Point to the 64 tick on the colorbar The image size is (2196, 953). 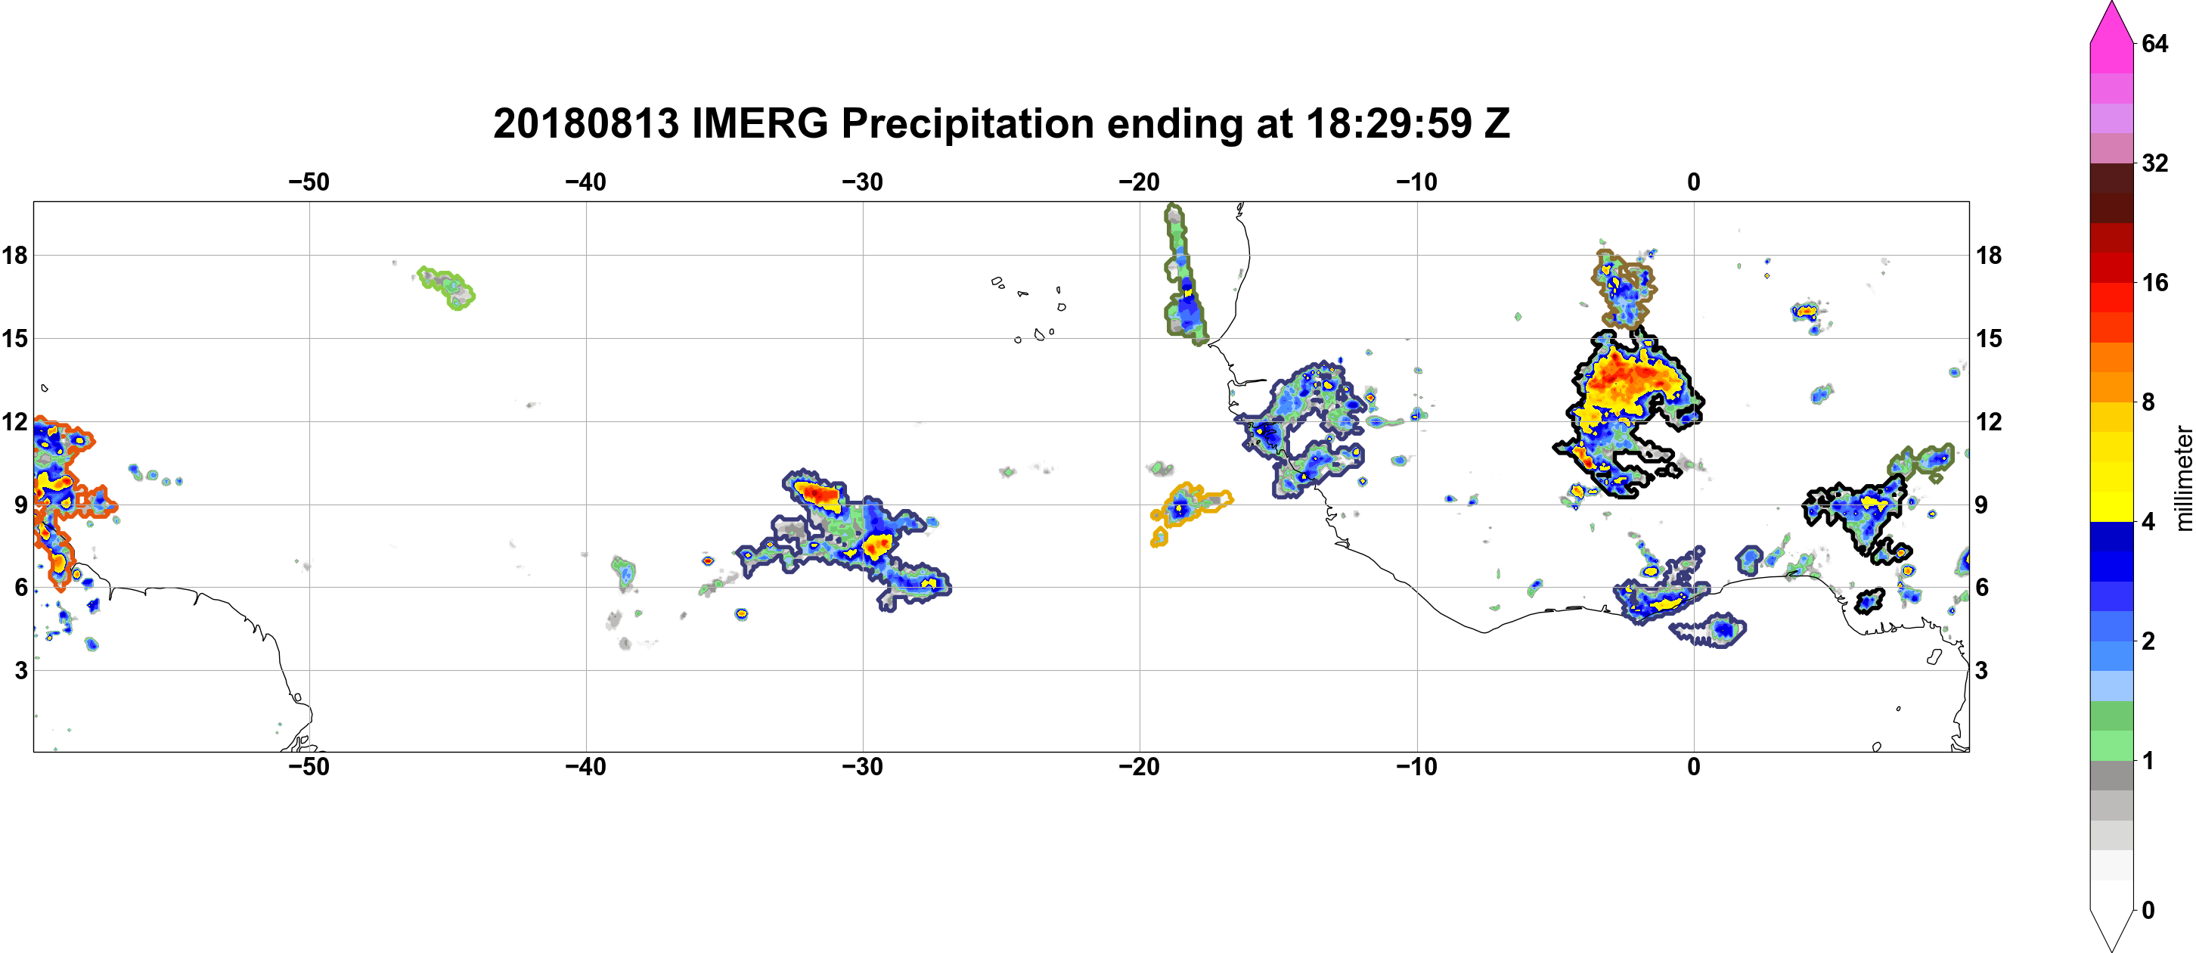(2154, 43)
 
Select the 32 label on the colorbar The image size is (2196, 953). (2154, 163)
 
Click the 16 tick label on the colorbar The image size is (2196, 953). (2154, 282)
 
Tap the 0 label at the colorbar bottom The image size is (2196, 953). (2148, 910)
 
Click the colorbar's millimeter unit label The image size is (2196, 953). (2183, 477)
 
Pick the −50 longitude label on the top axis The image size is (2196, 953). (309, 182)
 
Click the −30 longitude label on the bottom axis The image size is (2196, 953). (863, 766)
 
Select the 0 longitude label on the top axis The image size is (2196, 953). (1694, 182)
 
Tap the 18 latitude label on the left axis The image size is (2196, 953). (14, 255)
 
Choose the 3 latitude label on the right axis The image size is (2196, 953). (1981, 670)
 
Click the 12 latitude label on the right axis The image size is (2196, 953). (1989, 421)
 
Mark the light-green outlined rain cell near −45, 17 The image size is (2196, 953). (446, 287)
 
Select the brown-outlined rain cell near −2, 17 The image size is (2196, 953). (1622, 287)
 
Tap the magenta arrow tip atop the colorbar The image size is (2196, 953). (2111, 5)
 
